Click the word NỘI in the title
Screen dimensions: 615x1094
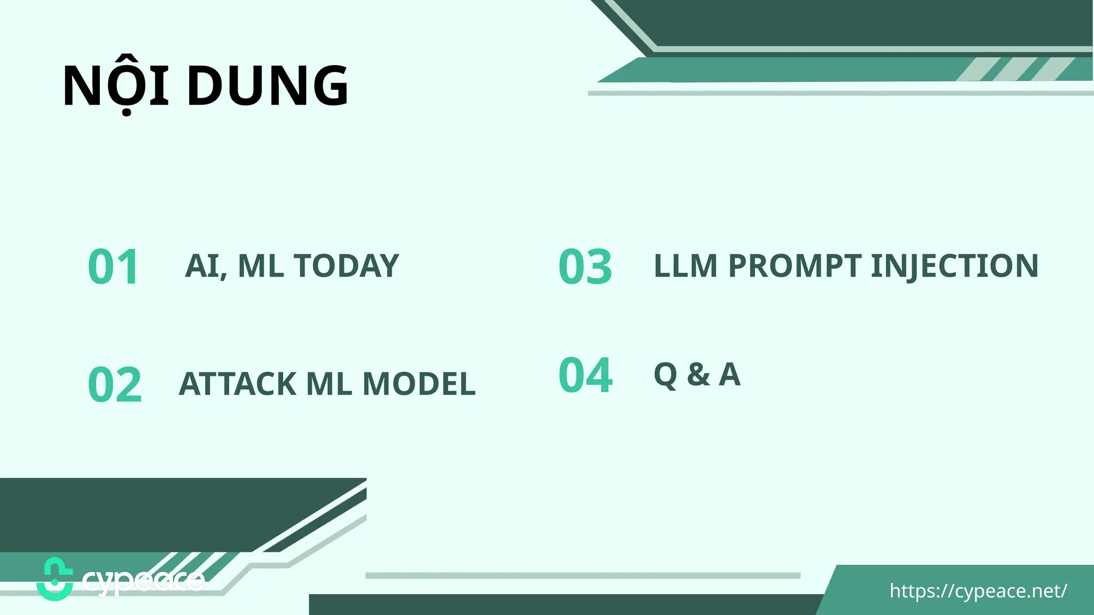coord(116,85)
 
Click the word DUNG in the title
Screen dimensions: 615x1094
coord(268,85)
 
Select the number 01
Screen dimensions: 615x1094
coord(113,267)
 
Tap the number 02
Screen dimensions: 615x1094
coord(115,385)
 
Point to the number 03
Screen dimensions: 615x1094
coord(585,267)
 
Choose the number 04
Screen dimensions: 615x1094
coord(585,375)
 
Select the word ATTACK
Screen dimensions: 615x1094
coord(237,384)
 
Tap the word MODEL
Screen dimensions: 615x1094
coord(419,384)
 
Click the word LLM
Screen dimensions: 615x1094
coord(685,266)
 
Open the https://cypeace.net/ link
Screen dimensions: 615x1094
coord(978,591)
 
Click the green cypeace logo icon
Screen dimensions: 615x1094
coord(54,579)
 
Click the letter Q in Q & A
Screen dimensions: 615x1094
coord(666,375)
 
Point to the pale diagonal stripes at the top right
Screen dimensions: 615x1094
coord(1015,69)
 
